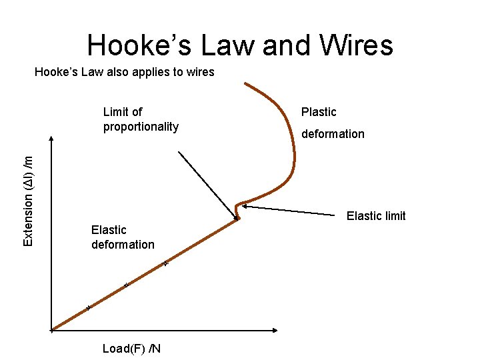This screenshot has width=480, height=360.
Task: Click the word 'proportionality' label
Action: point(141,127)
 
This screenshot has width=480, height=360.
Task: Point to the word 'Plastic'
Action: point(319,112)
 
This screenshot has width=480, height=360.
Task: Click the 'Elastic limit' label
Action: point(376,216)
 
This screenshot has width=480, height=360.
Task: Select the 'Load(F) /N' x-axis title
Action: point(131,349)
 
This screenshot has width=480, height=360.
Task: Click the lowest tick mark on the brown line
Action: point(88,308)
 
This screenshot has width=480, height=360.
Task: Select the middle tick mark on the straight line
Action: point(125,286)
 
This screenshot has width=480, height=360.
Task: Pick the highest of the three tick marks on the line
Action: point(165,264)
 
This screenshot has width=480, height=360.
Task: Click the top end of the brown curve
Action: point(245,83)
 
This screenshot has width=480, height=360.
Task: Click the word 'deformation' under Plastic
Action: point(333,134)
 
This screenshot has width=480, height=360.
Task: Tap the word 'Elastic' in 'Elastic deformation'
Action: point(109,230)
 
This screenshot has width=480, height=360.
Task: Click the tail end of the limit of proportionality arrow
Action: point(179,152)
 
